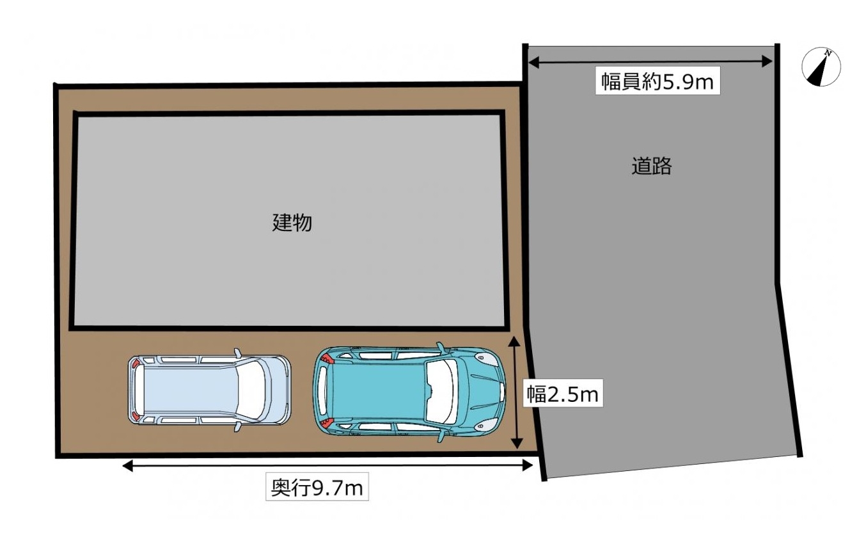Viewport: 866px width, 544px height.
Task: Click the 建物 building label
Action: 292,223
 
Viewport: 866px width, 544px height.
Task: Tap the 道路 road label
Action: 652,166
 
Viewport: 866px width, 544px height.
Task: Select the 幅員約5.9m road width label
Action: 657,81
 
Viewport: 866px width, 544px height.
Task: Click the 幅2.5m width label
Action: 562,393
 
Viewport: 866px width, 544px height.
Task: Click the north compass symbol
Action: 821,67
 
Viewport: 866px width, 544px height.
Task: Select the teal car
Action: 409,392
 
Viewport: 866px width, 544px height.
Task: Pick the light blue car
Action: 209,390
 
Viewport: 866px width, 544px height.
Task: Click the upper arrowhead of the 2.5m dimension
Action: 514,340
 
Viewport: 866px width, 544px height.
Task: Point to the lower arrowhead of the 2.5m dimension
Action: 517,443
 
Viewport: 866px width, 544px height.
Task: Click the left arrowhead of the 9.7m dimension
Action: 127,465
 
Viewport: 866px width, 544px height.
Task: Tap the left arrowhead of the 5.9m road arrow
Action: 534,62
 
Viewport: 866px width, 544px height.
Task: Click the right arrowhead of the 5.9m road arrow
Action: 767,61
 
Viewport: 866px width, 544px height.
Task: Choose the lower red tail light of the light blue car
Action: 136,416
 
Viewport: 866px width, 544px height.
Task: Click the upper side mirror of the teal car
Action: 441,347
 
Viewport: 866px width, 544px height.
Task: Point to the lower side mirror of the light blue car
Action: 238,427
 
